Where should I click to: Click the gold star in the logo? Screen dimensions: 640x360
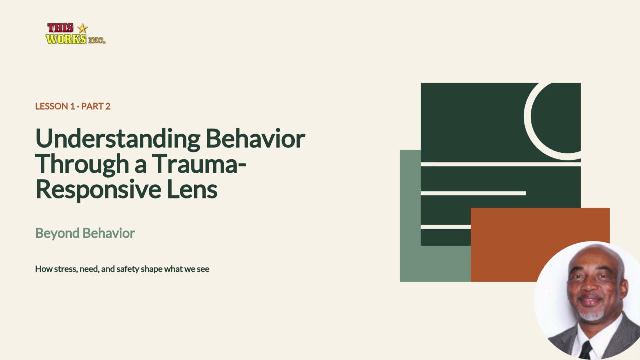(x=82, y=28)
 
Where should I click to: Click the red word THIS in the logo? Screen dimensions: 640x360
(x=60, y=28)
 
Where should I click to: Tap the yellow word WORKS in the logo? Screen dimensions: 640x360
(x=66, y=39)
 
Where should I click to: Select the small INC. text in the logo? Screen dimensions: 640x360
(x=97, y=40)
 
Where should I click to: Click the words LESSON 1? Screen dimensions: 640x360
(x=55, y=106)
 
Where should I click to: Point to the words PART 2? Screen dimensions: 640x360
(x=96, y=106)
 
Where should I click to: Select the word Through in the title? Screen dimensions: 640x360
(x=82, y=164)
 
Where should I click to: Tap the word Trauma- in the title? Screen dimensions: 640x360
(x=199, y=164)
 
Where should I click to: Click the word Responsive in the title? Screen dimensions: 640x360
(x=99, y=189)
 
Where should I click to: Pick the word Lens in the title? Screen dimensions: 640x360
(x=192, y=189)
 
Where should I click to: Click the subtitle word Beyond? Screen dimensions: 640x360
(x=57, y=233)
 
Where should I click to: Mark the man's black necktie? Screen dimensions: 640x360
(x=585, y=350)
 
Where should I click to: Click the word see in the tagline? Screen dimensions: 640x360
(x=203, y=269)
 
